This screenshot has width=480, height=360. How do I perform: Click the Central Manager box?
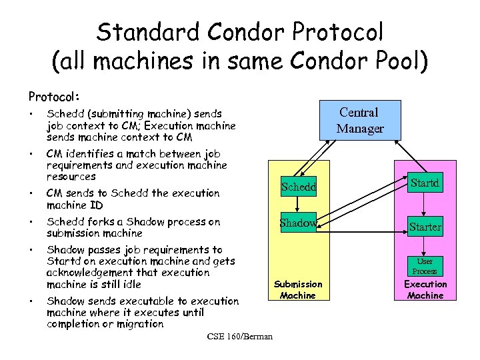click(x=360, y=121)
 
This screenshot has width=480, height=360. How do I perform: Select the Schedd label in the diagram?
click(x=298, y=188)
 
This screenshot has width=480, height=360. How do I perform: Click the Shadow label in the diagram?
click(x=298, y=223)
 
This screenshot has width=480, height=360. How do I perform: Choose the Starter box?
click(x=425, y=227)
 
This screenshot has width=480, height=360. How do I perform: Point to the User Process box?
click(x=425, y=267)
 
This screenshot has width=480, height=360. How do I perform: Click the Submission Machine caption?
click(x=298, y=289)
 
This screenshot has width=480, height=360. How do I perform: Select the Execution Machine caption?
click(x=425, y=289)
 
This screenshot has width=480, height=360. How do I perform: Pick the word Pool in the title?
click(x=387, y=61)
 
